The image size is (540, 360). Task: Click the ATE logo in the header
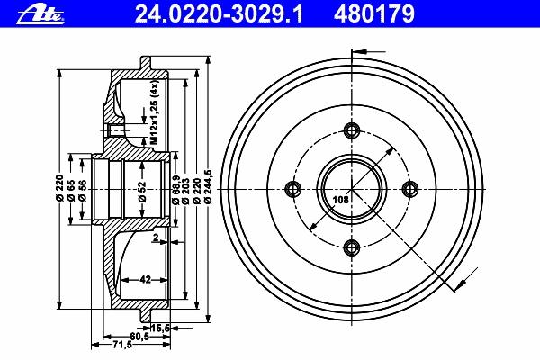coord(40,14)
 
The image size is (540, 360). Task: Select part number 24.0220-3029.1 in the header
coord(219,14)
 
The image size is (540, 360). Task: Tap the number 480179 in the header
coord(373,14)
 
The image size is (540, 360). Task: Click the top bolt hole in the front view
coord(352,130)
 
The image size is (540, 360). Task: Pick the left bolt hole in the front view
coord(293,189)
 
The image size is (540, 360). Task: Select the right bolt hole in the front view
coord(410,189)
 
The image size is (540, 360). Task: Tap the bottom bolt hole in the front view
coord(352,247)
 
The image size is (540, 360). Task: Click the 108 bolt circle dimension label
coord(340,200)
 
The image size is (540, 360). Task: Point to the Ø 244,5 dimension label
coord(208,189)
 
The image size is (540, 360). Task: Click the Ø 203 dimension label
coord(185,191)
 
